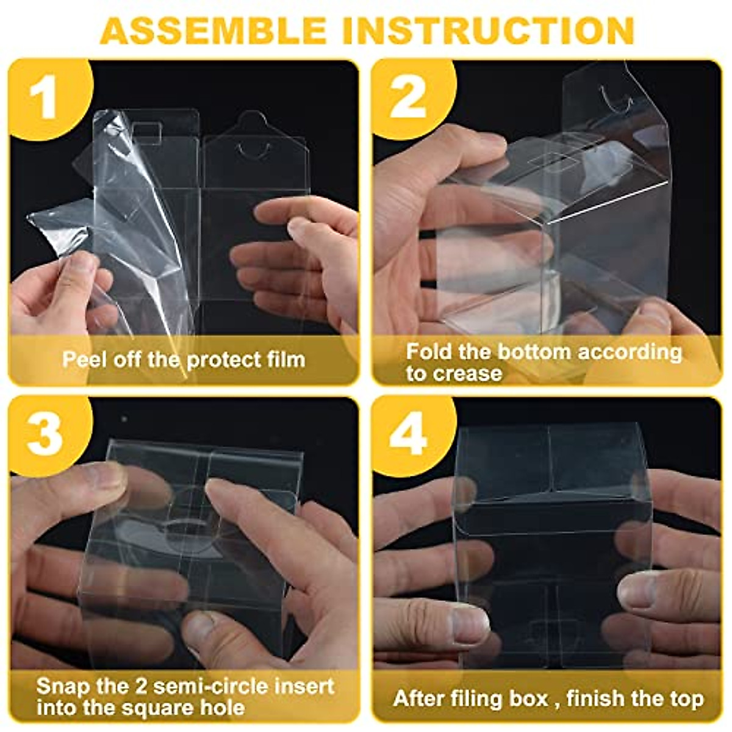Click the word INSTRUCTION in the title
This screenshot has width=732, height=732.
pos(488,30)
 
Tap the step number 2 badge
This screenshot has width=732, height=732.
pos(407,98)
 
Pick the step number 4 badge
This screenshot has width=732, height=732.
pos(407,434)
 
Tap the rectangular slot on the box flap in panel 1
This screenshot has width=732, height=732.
pos(146,131)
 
